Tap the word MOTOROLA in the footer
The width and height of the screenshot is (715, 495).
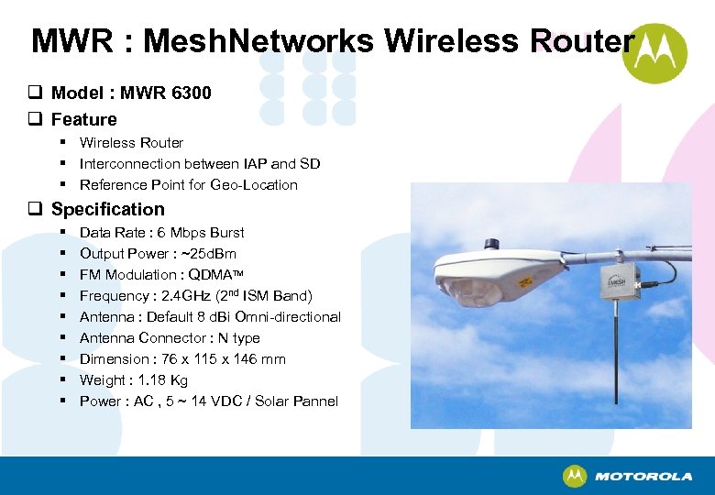point(643,477)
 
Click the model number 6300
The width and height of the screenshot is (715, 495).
point(192,93)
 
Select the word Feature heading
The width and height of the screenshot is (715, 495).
point(84,119)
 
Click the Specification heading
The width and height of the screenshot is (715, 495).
point(108,209)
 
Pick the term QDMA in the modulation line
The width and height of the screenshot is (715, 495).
point(210,275)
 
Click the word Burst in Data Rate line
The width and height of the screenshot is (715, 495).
point(225,233)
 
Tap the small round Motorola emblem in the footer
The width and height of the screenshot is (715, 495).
point(575,477)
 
